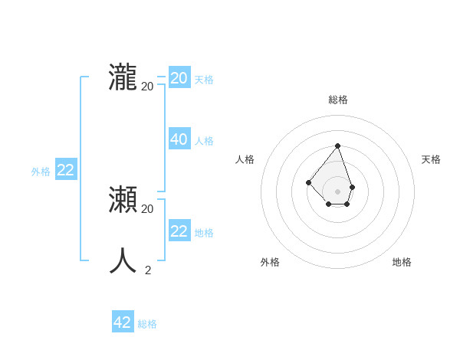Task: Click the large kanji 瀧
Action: coord(123,77)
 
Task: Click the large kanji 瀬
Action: coord(123,200)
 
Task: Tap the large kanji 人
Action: coord(123,261)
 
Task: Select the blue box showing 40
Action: coord(179,139)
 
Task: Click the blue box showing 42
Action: coord(123,322)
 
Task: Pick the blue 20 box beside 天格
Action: coord(179,78)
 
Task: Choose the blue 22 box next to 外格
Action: coord(65,170)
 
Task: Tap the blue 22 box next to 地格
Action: coord(179,231)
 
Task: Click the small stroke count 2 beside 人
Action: coord(148,270)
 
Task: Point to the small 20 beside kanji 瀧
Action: coord(148,86)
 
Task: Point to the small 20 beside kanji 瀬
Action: coord(148,208)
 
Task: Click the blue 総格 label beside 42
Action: coord(147,324)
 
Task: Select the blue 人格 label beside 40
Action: coord(204,141)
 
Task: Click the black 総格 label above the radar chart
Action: coord(338,100)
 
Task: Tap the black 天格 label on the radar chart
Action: coord(431,159)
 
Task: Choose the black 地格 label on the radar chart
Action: coord(402,262)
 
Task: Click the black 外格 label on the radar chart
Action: coord(270,262)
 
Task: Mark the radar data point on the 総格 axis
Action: coord(337,146)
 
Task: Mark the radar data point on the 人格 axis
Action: coord(308,182)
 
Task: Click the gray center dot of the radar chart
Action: coord(337,191)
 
